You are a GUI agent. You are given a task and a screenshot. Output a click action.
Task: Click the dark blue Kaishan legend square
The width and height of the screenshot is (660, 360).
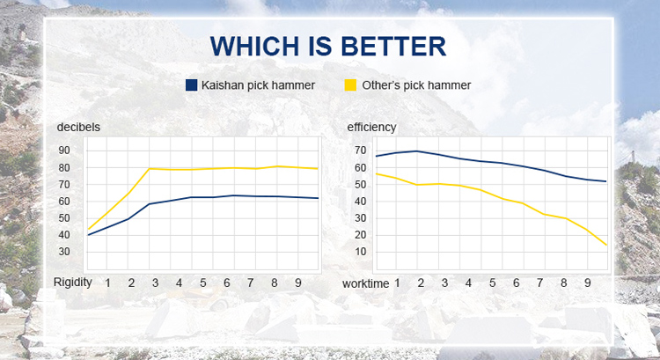pyautogui.click(x=192, y=85)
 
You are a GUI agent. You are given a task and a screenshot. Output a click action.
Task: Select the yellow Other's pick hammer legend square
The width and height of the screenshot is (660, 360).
pyautogui.click(x=350, y=85)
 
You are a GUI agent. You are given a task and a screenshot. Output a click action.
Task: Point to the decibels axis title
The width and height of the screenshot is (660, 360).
pyautogui.click(x=78, y=127)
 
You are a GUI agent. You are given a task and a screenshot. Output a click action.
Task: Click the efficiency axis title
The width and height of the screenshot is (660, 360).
pyautogui.click(x=371, y=127)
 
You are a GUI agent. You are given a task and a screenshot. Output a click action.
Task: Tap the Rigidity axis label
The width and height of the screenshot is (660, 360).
pyautogui.click(x=73, y=283)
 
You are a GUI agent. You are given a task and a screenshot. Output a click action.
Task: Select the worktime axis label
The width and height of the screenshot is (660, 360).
pyautogui.click(x=366, y=283)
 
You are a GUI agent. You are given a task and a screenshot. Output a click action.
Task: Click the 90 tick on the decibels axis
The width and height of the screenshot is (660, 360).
pyautogui.click(x=64, y=151)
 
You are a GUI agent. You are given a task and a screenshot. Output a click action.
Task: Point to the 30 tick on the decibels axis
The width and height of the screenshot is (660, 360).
pyautogui.click(x=64, y=252)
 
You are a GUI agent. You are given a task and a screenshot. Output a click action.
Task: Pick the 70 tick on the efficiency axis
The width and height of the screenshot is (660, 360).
pyautogui.click(x=360, y=151)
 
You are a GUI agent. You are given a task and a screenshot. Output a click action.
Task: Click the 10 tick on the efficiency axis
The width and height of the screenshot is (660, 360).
pyautogui.click(x=360, y=252)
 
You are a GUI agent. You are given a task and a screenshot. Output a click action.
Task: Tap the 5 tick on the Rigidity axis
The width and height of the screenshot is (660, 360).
pyautogui.click(x=203, y=283)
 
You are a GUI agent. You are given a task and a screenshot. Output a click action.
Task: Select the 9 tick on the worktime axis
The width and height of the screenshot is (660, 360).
pyautogui.click(x=588, y=283)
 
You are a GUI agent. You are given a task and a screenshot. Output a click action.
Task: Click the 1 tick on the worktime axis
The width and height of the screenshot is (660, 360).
pyautogui.click(x=397, y=283)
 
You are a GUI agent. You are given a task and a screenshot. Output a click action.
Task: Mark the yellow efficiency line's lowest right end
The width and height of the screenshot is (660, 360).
pyautogui.click(x=606, y=245)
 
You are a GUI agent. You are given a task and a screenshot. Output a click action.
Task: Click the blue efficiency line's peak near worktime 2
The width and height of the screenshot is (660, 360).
pyautogui.click(x=417, y=151)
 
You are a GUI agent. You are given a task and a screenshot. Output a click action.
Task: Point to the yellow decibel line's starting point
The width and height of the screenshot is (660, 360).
pyautogui.click(x=88, y=229)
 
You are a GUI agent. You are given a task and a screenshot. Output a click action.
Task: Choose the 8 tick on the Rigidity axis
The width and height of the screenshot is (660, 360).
pyautogui.click(x=275, y=283)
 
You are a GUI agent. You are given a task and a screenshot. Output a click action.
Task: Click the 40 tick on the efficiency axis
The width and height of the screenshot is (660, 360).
pyautogui.click(x=360, y=202)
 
